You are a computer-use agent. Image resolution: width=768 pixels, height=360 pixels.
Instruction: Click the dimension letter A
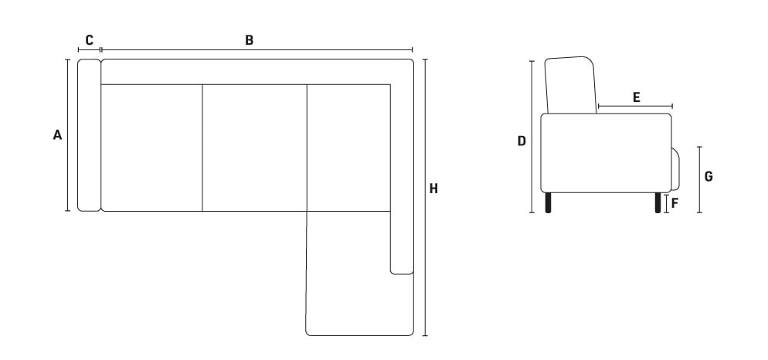point(57,134)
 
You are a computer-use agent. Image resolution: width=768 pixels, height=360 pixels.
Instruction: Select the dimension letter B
point(250,40)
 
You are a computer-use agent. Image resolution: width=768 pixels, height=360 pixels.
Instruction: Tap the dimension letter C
point(89,40)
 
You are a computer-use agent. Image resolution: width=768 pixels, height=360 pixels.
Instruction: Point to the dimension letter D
point(522,141)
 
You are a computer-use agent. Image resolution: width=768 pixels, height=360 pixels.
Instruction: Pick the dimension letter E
point(636,97)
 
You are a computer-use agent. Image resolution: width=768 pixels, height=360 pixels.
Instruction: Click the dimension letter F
point(675,203)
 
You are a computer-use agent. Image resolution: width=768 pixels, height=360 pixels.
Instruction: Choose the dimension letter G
point(709,177)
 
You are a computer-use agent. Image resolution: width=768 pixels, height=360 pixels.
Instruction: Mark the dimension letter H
point(433,188)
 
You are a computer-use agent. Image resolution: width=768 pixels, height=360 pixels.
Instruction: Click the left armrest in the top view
point(89,135)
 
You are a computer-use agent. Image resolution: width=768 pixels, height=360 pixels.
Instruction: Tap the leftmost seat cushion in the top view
point(151,148)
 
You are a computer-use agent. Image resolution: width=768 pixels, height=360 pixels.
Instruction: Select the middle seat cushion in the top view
point(255,148)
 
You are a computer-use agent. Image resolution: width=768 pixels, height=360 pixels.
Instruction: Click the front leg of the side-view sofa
point(658,202)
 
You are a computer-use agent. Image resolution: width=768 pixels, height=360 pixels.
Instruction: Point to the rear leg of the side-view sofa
point(548,202)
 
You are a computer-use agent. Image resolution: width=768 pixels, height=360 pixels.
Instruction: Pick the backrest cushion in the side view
point(571,85)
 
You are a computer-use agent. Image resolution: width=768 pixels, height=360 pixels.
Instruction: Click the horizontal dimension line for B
point(257,50)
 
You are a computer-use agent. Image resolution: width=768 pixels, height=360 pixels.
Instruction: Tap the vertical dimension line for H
point(425,198)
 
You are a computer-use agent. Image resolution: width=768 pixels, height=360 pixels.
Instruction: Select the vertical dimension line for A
point(67,135)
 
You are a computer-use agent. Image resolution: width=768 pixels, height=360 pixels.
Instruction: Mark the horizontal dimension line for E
point(635,106)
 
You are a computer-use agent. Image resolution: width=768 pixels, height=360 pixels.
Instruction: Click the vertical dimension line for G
point(699,180)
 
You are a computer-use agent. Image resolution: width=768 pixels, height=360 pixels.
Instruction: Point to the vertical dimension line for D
point(532,137)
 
